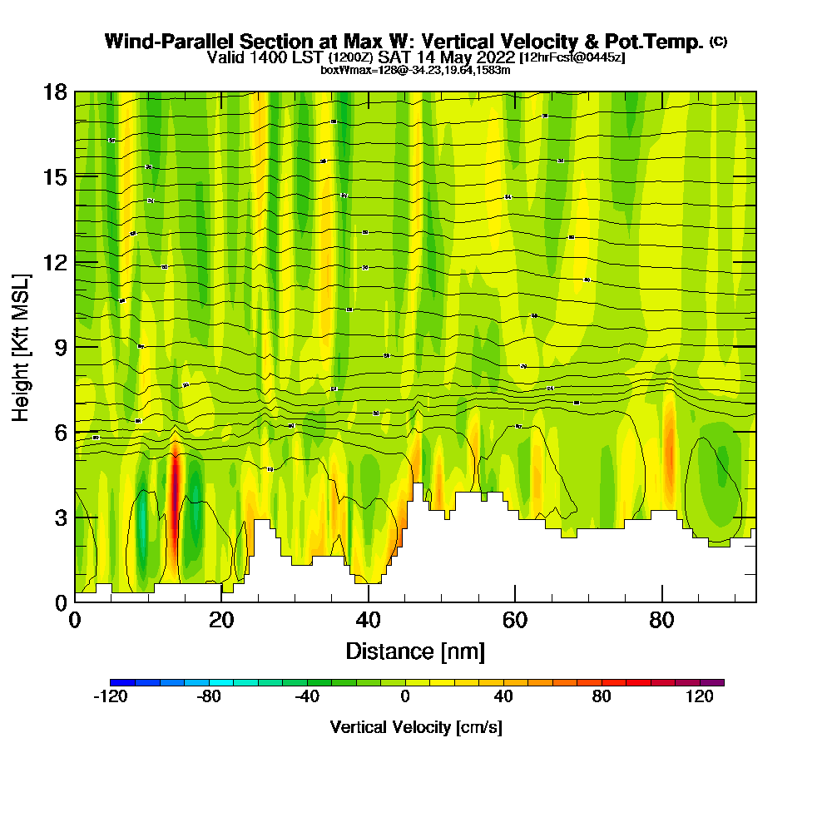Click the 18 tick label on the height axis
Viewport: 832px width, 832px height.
coord(55,92)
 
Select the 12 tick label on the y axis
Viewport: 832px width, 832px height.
coord(55,262)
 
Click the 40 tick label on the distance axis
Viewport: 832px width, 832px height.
coord(368,621)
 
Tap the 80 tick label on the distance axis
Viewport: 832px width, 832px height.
coord(661,621)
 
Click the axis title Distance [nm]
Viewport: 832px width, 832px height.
coord(415,651)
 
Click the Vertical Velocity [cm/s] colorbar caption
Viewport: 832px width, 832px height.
coord(415,728)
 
